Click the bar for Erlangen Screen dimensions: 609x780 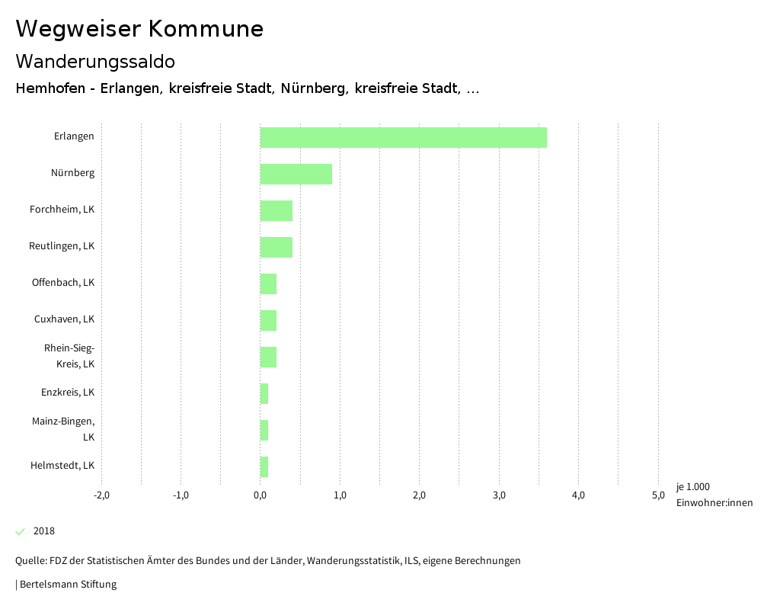click(x=403, y=137)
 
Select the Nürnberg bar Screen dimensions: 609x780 click(x=296, y=174)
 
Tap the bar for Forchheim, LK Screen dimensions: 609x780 click(x=276, y=210)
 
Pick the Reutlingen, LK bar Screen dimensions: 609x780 click(x=276, y=247)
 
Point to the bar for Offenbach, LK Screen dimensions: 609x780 click(x=268, y=284)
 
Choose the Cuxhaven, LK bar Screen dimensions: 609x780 click(x=268, y=320)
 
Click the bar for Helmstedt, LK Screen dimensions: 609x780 click(x=264, y=466)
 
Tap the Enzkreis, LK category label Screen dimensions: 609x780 click(x=68, y=393)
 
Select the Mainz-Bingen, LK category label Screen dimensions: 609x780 click(x=63, y=429)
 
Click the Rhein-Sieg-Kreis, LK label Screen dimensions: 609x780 click(x=69, y=356)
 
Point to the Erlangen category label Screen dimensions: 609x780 click(x=74, y=136)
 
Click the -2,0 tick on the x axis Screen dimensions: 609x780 click(x=101, y=495)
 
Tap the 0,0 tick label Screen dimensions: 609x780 click(x=261, y=495)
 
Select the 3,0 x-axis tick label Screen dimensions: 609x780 click(x=499, y=495)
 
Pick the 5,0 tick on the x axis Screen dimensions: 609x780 click(x=658, y=495)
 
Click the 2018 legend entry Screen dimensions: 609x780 click(x=43, y=531)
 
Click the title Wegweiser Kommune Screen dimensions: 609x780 click(x=139, y=29)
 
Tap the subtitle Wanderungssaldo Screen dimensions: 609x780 click(x=95, y=61)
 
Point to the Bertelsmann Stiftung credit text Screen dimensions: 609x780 click(x=67, y=585)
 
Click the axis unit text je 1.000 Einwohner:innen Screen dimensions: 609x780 click(x=714, y=495)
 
